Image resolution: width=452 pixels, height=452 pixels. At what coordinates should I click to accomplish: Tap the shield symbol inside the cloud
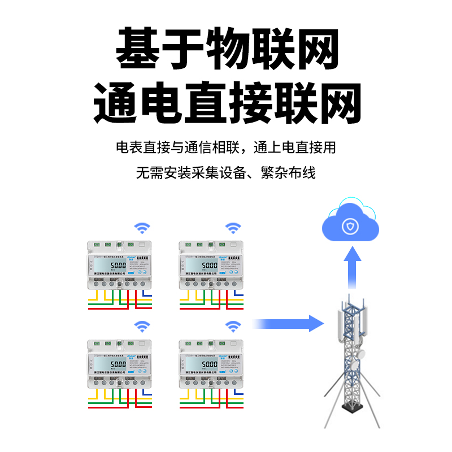pos(350,227)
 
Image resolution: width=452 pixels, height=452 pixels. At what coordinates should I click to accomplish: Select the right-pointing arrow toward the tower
pos(288,324)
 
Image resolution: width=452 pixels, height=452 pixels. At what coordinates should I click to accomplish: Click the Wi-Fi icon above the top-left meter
pos(142,228)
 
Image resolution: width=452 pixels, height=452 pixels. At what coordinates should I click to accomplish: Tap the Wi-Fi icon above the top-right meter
pos(233,228)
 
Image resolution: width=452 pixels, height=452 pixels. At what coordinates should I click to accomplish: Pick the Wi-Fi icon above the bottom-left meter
pos(142,326)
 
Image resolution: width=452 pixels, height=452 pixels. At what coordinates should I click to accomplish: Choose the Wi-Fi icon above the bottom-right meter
pos(233,326)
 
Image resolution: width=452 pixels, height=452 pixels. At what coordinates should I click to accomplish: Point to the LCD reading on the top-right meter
pos(210,265)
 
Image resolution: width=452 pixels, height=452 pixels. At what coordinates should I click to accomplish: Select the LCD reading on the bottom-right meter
pos(210,364)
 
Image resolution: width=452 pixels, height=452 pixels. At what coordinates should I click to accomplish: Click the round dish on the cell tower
pos(358,355)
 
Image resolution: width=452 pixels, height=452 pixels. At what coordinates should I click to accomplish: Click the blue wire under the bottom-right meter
pos(238,393)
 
